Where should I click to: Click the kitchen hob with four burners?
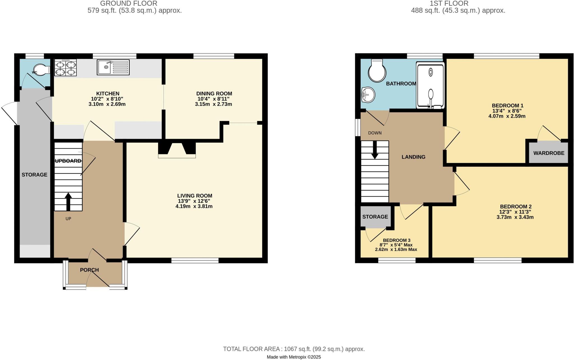(66, 68)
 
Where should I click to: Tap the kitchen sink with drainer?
(113, 67)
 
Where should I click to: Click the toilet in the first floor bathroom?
(377, 71)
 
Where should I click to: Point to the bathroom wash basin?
(368, 95)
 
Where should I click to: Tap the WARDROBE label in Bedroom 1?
(548, 153)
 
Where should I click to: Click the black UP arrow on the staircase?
(68, 201)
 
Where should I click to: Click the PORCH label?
(89, 270)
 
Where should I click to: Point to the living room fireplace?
(177, 150)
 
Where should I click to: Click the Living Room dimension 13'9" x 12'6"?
(194, 201)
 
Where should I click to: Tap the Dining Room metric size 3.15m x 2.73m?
(213, 104)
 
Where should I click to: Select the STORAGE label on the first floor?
(375, 217)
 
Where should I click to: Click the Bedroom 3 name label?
(397, 240)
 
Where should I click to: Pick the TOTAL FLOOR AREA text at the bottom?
(294, 349)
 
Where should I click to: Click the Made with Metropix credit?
(294, 357)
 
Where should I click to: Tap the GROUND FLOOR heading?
(129, 4)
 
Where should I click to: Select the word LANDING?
(413, 157)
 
